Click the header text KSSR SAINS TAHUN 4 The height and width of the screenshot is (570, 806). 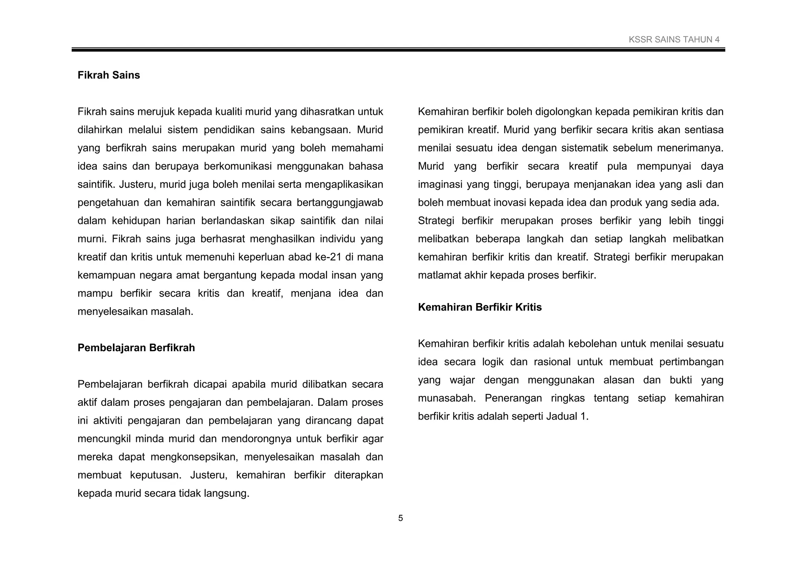pyautogui.click(x=674, y=39)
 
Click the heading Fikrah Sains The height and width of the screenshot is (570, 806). pyautogui.click(x=109, y=75)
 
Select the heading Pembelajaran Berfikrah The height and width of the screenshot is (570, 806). pyautogui.click(x=136, y=348)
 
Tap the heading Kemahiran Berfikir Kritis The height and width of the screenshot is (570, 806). pyautogui.click(x=479, y=307)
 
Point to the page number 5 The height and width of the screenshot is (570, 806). pyautogui.click(x=401, y=518)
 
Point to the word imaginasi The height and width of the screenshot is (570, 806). pyautogui.click(x=440, y=185)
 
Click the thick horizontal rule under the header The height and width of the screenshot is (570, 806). pyautogui.click(x=398, y=50)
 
